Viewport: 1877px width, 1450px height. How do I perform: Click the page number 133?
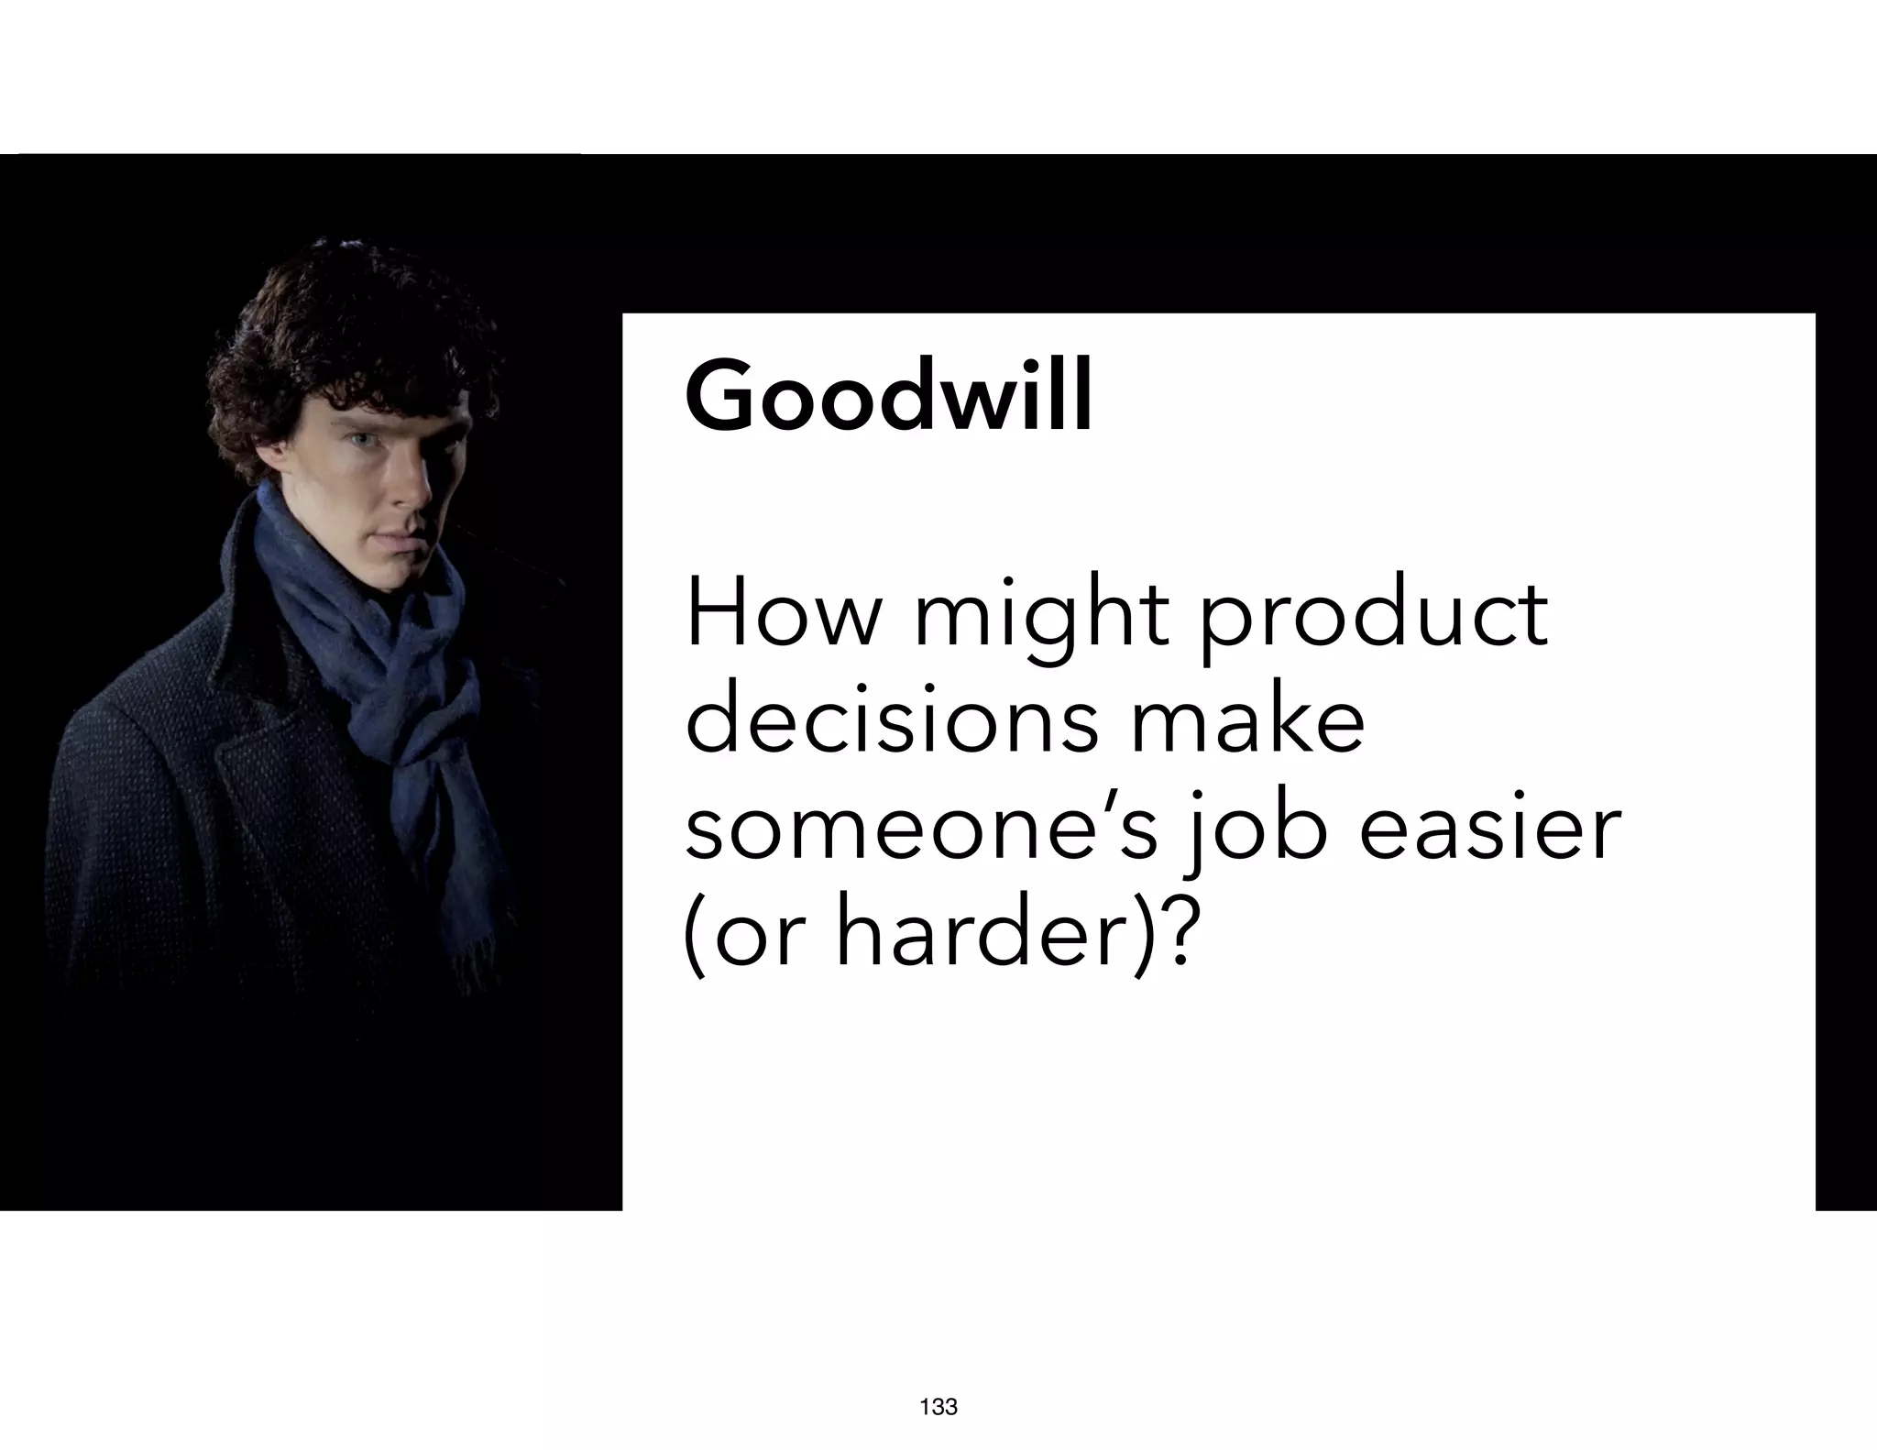[x=938, y=1407]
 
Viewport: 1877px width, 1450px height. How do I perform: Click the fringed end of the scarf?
[x=477, y=962]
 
